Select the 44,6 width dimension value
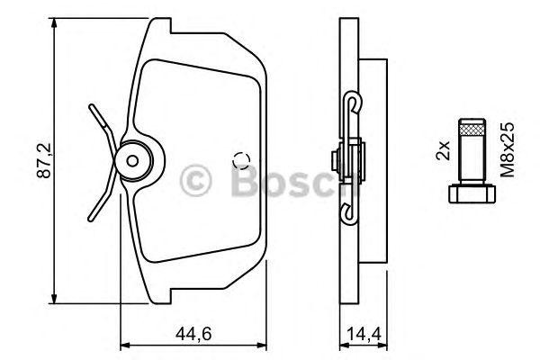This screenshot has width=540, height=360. pyautogui.click(x=191, y=334)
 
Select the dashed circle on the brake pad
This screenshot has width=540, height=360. pyautogui.click(x=241, y=162)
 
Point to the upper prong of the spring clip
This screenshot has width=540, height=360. pyautogui.click(x=101, y=117)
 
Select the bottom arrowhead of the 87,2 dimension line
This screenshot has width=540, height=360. pyautogui.click(x=57, y=301)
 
